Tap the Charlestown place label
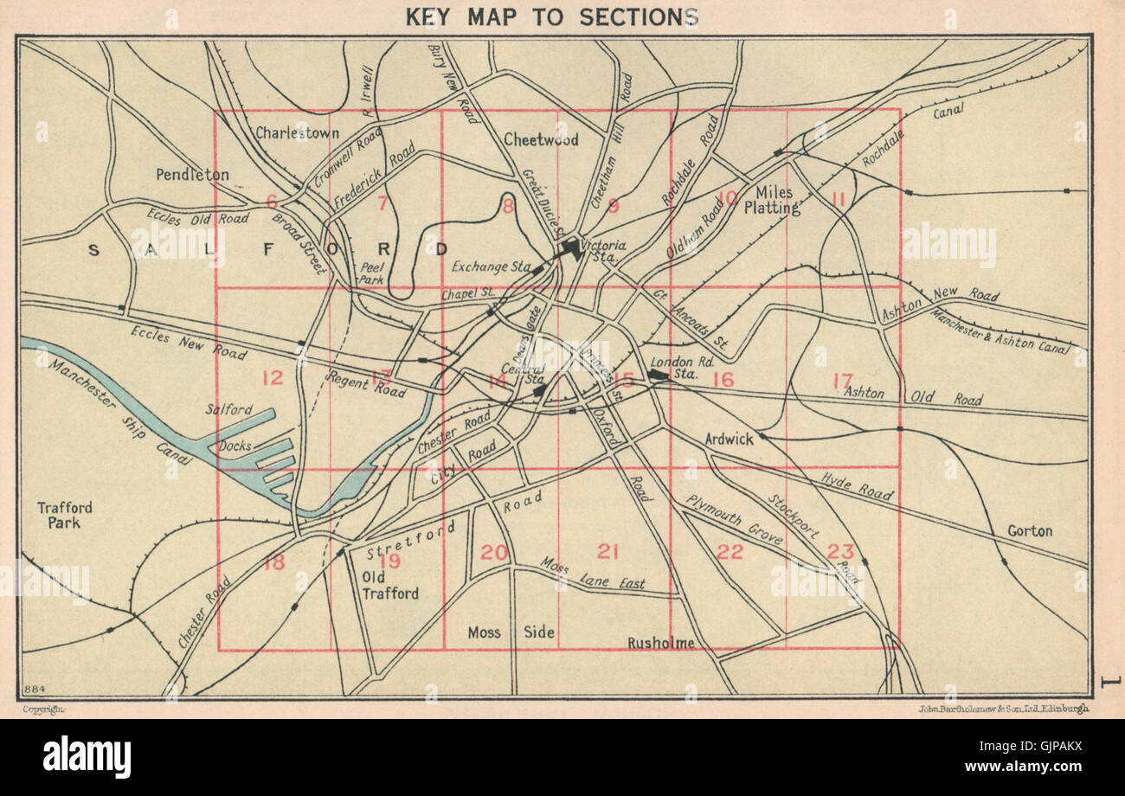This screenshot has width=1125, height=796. tap(297, 132)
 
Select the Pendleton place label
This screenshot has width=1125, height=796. tap(192, 175)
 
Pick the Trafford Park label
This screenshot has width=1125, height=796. tap(65, 515)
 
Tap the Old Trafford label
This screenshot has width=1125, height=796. tap(389, 585)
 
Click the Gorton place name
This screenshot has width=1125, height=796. tap(1029, 530)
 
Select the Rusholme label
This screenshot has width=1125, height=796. tap(661, 642)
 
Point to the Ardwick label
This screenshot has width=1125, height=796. tap(729, 439)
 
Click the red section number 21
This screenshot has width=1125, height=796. tap(608, 551)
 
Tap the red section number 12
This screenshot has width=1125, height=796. tap(272, 377)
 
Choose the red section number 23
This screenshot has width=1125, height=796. tap(840, 551)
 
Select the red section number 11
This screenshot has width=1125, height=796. tap(837, 199)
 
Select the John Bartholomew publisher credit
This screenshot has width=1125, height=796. tap(1003, 709)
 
